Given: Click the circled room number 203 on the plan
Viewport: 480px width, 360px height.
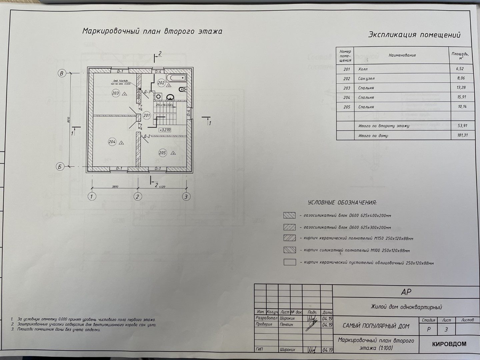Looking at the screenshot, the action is tap(115, 93).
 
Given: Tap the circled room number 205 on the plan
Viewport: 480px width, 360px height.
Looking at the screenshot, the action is tap(162, 153).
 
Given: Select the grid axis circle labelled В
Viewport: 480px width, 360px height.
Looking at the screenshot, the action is tap(61, 73).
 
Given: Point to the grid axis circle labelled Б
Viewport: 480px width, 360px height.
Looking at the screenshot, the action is tap(60, 167).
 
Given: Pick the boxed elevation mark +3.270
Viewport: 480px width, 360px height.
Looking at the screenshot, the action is tap(165, 130).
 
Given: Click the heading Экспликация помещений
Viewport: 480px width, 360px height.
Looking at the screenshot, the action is tap(414, 35).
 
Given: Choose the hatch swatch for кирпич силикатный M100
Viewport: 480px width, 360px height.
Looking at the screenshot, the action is tap(289, 250).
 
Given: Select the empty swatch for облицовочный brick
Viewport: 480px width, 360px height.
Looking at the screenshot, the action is tap(289, 262).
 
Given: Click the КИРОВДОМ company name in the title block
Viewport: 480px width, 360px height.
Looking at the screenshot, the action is tap(449, 344).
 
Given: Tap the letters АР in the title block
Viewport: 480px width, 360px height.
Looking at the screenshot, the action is tap(406, 292).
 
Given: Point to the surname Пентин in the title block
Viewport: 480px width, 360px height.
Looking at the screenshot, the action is tap(286, 324).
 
